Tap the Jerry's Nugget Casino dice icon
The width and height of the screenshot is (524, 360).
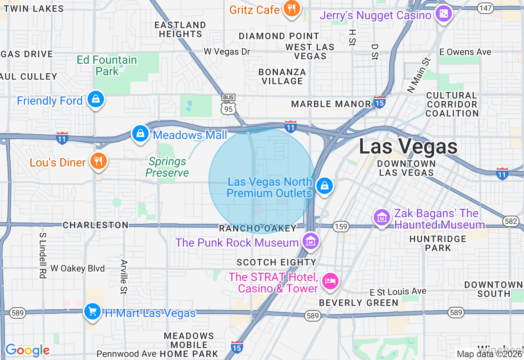pos(443,14)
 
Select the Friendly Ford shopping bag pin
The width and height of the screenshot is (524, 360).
pos(96,99)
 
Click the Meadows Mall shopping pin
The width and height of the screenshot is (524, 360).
pos(140,133)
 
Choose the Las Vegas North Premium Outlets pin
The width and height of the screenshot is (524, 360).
pos(325,186)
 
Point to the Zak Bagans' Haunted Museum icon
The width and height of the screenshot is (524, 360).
pos(382,217)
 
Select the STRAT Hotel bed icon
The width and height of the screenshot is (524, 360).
pos(330,281)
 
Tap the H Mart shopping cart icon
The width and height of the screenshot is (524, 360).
pos(93,312)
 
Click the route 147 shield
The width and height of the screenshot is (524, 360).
pos(486,8)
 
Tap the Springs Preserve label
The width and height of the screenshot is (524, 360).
pos(167,167)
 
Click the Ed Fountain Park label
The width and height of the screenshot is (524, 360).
pos(107,65)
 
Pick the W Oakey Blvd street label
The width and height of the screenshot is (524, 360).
pos(77,268)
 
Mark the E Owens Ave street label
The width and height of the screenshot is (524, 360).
pos(465,52)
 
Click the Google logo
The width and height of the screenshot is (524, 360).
pos(27,350)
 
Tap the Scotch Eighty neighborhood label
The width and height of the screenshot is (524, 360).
pos(276,262)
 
